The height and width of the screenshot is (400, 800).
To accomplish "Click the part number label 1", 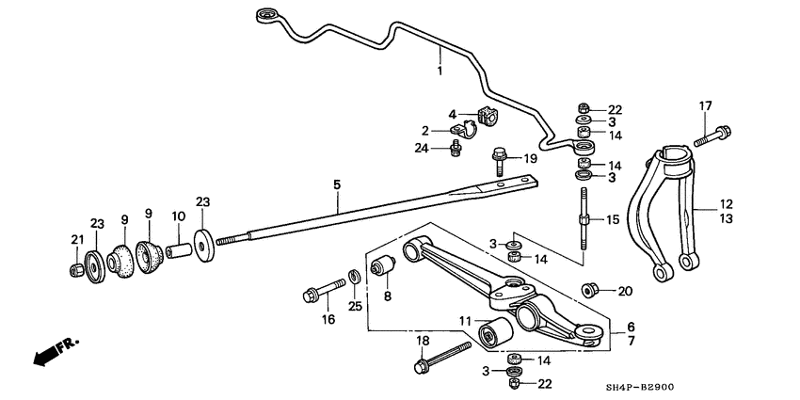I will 439,71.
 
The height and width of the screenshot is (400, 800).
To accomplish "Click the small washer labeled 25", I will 353,277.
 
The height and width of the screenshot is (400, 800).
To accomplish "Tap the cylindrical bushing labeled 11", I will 494,331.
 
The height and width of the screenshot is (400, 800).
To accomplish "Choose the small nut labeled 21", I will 75,271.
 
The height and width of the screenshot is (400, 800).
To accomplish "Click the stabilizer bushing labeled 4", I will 487,118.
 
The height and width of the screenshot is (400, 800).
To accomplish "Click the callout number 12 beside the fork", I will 726,204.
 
